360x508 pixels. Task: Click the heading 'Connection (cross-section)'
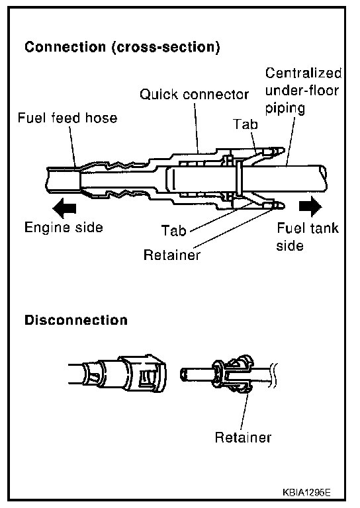122,48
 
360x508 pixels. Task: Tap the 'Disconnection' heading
76,320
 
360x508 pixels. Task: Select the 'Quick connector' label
194,95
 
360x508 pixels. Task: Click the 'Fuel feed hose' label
67,118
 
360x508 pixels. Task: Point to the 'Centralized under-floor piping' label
303,91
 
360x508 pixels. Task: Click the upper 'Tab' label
246,124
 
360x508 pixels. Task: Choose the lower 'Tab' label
173,231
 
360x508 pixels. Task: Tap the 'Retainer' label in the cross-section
172,255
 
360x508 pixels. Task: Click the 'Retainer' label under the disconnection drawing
243,437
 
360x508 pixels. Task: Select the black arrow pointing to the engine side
64,208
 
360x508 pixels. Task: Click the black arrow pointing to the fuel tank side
310,206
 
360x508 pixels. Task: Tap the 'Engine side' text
64,228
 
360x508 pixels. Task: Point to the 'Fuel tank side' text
307,237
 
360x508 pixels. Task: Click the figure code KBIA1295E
306,493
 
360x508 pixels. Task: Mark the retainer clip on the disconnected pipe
234,374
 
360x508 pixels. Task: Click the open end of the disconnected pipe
184,375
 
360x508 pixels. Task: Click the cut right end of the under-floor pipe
323,177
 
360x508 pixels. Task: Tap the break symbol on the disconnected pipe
274,375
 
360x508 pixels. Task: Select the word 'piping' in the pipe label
285,108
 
